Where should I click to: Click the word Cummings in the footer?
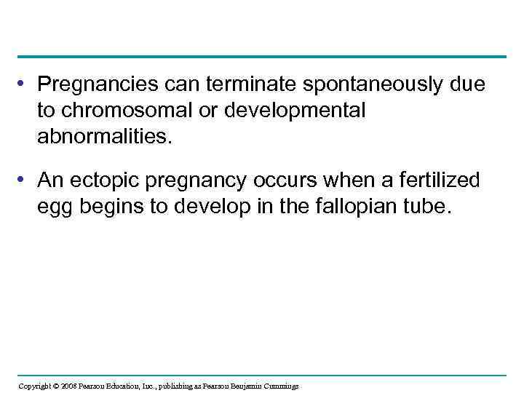coord(279,386)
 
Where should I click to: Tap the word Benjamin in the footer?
coord(240,386)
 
